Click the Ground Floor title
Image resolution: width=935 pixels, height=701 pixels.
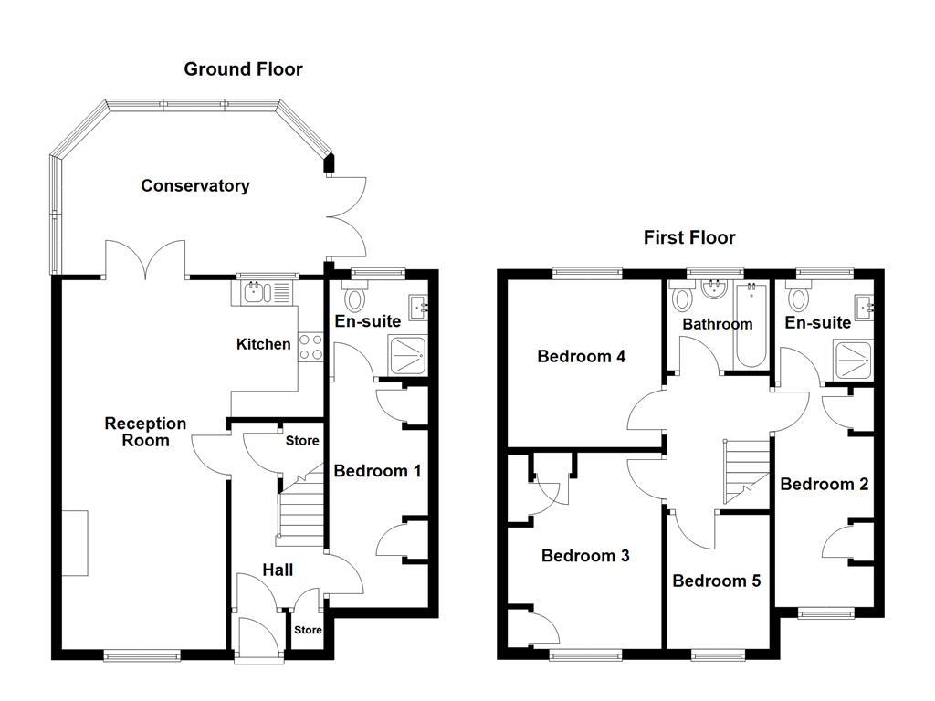pos(243,69)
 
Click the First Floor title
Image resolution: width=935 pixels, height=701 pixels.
pos(689,238)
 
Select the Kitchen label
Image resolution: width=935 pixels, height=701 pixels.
pos(264,344)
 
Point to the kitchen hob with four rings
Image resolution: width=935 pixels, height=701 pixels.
pos(310,347)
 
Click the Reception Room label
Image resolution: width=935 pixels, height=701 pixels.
pos(145,432)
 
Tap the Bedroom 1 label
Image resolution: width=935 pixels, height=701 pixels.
pos(377,471)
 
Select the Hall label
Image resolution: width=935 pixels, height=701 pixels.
pos(278,570)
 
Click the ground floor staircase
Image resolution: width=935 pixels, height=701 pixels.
pos(301,516)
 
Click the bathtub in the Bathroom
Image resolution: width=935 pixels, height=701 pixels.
pos(753,327)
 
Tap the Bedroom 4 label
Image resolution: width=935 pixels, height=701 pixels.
pos(581,356)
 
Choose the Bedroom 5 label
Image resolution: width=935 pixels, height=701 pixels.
pos(716,581)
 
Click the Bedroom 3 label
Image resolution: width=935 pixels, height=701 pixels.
pos(585,556)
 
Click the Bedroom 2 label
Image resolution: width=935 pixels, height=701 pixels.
pos(824,484)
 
